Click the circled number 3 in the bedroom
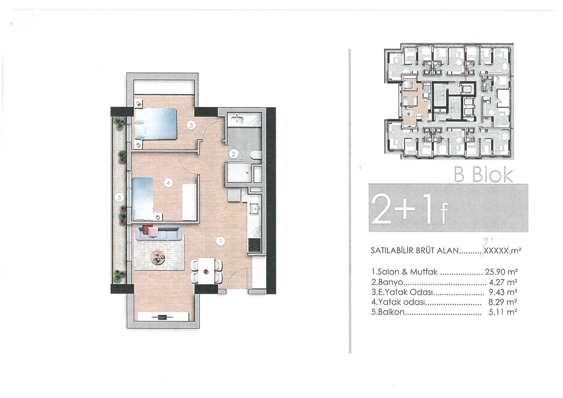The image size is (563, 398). (191, 125)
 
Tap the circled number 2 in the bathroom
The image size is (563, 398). (233, 154)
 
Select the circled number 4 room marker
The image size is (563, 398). (169, 183)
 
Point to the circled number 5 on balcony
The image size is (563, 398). (119, 198)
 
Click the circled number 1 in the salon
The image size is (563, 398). (220, 241)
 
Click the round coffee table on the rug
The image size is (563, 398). (158, 258)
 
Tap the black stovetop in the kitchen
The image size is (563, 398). (254, 245)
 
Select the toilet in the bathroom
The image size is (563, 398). (256, 155)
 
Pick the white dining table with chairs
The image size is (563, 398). (206, 271)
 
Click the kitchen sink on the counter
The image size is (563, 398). (254, 209)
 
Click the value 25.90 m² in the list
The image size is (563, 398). (501, 272)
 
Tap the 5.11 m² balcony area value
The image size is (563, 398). (503, 312)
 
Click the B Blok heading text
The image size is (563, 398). (483, 174)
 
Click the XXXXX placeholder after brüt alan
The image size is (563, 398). (496, 251)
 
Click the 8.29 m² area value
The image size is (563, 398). (503, 302)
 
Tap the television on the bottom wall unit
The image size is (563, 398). (162, 317)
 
